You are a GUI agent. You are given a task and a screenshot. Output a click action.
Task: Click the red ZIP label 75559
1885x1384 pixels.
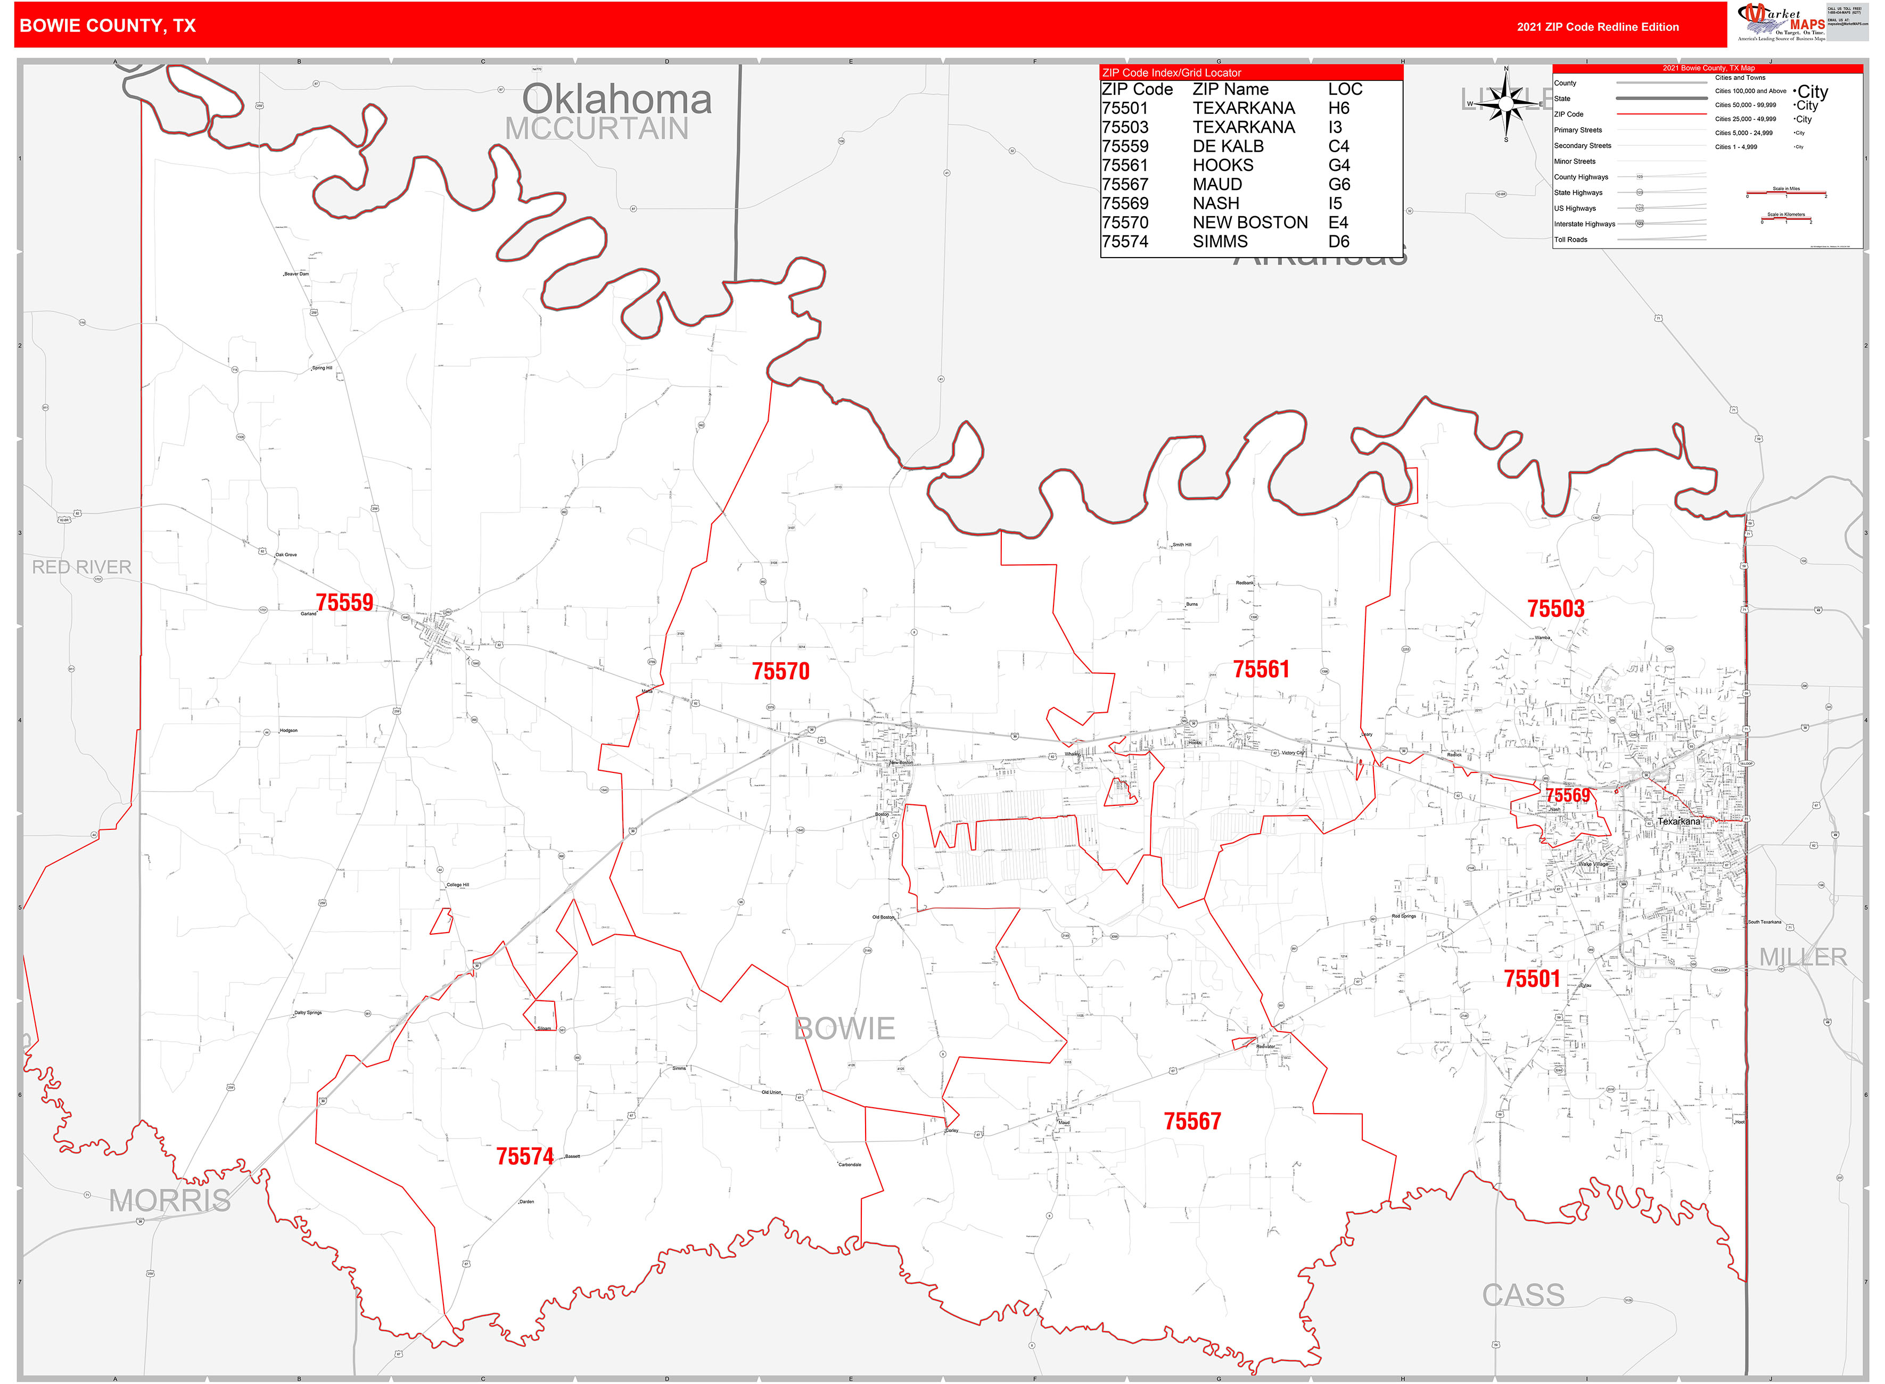click(344, 603)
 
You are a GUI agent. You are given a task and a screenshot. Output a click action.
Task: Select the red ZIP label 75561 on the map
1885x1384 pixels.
click(1261, 669)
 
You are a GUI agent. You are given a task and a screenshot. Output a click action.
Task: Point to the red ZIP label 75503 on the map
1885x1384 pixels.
click(1556, 608)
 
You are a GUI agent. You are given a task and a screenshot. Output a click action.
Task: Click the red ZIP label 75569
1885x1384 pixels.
click(1568, 795)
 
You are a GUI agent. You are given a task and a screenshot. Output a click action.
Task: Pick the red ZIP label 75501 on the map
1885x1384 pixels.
click(1532, 978)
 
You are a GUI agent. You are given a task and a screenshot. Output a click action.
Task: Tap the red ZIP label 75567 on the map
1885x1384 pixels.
click(1192, 1121)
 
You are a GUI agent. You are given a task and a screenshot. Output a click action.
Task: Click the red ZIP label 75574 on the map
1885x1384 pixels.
click(524, 1156)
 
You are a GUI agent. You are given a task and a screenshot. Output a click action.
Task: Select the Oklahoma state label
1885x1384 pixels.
click(618, 99)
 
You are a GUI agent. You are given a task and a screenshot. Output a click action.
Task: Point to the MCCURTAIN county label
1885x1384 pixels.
click(597, 129)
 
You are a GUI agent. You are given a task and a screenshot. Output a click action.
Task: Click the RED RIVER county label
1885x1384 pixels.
click(81, 567)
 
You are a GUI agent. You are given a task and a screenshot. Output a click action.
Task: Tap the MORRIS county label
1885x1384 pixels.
click(170, 1200)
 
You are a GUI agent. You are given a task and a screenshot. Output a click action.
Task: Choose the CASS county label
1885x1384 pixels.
click(1523, 1295)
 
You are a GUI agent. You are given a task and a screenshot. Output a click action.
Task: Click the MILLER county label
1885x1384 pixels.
click(1803, 957)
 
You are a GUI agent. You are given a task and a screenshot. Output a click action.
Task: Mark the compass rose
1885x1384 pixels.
click(1507, 104)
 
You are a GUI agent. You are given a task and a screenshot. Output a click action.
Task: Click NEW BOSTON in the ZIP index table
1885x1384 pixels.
click(1250, 222)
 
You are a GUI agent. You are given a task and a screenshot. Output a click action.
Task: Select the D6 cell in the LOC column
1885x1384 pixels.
click(1339, 241)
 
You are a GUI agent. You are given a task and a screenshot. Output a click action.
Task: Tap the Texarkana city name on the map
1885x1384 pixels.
click(1679, 821)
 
